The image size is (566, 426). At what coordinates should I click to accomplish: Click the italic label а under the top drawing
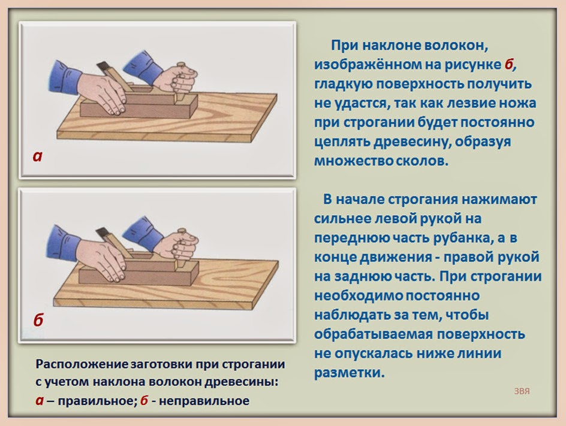click(38, 158)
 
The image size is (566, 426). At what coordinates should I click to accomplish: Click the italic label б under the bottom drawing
click(38, 321)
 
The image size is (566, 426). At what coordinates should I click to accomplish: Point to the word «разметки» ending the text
click(348, 372)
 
